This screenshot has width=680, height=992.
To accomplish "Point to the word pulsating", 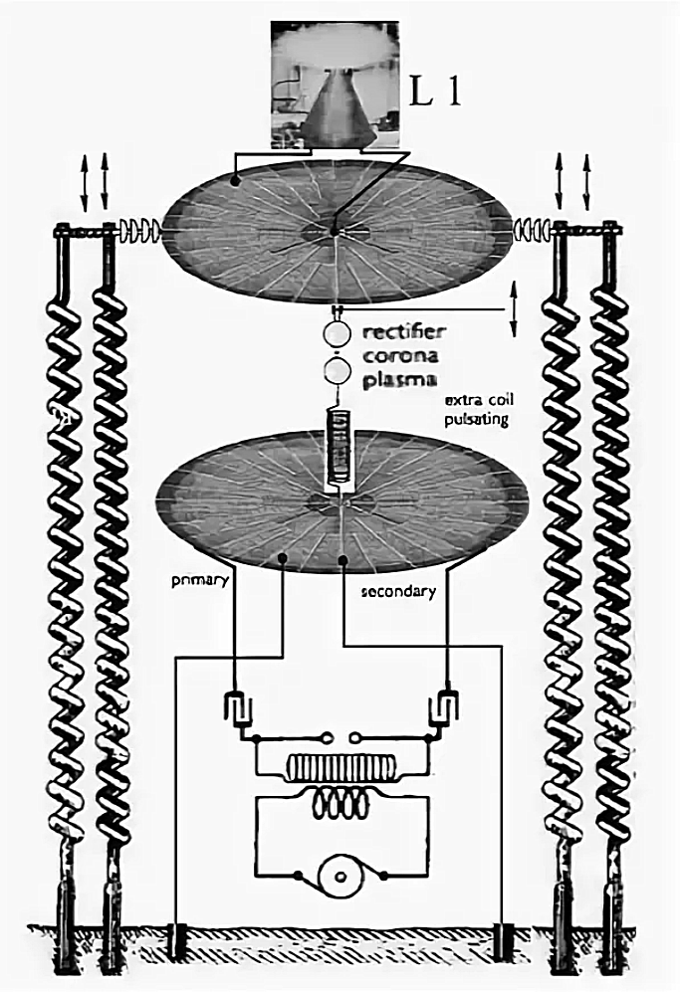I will coord(477,420).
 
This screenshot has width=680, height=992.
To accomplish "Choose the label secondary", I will coord(397,591).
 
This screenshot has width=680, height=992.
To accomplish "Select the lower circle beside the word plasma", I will coord(339,372).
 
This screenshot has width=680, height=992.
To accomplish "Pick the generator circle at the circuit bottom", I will coord(341,876).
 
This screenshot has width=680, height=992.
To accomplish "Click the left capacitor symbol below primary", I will coord(235,707).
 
